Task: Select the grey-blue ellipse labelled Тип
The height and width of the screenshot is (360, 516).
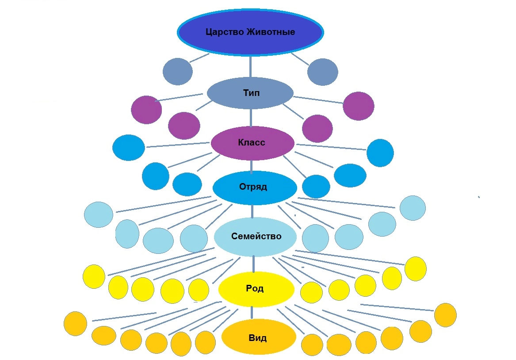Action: click(250, 93)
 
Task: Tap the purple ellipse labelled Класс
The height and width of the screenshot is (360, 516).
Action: click(252, 143)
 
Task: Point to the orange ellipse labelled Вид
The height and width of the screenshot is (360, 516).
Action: click(258, 338)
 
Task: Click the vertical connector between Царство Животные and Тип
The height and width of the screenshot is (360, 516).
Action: click(251, 66)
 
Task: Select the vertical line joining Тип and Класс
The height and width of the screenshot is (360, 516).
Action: click(251, 117)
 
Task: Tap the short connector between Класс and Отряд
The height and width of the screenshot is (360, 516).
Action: click(252, 165)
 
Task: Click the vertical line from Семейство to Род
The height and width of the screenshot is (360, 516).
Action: click(253, 264)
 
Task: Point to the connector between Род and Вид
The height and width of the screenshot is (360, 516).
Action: click(252, 313)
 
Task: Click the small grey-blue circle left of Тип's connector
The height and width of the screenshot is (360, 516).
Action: click(178, 71)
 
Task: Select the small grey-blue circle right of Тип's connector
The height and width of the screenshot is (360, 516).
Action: click(323, 72)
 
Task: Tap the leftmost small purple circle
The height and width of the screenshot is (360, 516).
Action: click(146, 110)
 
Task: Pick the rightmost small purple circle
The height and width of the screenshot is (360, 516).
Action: click(359, 106)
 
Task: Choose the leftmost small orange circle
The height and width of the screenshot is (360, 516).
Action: click(76, 324)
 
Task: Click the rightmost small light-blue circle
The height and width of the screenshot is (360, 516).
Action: click(413, 208)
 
